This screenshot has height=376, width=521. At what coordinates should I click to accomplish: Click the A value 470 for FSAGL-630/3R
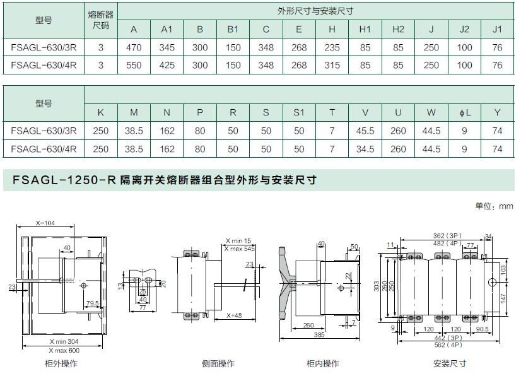tap(134, 47)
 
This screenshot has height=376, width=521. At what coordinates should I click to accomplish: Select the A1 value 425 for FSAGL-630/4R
tap(167, 65)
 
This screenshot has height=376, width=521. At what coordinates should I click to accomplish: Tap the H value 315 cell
tap(332, 65)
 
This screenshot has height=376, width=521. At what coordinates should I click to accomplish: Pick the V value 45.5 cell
tap(365, 131)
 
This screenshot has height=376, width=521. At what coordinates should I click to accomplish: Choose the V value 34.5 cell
tap(365, 149)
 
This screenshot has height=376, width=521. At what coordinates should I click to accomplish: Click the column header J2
tap(464, 29)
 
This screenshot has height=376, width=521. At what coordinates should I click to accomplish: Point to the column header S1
tap(299, 113)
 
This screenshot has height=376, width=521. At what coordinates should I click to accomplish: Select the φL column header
tap(465, 113)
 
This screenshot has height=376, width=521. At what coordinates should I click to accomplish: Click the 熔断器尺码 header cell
tap(101, 20)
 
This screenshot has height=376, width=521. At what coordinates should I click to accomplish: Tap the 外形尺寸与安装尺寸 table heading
tap(315, 11)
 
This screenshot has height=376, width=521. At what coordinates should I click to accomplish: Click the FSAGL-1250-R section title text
tap(165, 180)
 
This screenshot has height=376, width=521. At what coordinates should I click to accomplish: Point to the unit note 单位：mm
tap(494, 206)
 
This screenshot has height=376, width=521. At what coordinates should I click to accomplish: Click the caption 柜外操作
tap(61, 363)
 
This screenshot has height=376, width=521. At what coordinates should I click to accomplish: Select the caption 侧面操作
tap(218, 363)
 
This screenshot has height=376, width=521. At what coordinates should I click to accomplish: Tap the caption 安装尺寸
tap(450, 363)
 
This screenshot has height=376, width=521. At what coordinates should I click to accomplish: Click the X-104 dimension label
tap(45, 223)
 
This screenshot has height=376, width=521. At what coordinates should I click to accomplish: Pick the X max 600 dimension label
tap(64, 350)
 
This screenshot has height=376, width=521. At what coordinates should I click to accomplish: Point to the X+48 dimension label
tap(234, 315)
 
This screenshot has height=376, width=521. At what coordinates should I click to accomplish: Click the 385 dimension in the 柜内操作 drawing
tap(319, 335)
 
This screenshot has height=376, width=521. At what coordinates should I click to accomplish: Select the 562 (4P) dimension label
tap(448, 344)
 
